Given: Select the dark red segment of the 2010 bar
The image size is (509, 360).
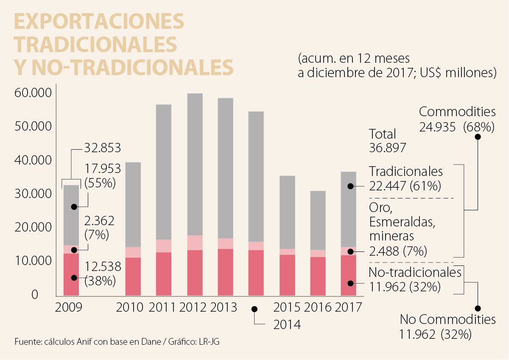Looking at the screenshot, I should (133, 276).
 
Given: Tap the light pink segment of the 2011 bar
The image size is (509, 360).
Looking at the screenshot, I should (164, 246).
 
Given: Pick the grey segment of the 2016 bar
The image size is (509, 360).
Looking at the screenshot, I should (318, 220).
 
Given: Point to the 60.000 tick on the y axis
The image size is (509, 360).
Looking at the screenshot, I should (32, 92).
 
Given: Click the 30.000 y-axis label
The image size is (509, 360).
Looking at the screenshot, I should (32, 194).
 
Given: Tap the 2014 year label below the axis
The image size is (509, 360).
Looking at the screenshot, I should (287, 325).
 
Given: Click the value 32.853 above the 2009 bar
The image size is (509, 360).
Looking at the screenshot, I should (103, 148).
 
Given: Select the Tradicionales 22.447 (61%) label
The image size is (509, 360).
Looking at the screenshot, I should (406, 179).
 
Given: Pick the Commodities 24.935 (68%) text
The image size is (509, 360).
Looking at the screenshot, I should (457, 119).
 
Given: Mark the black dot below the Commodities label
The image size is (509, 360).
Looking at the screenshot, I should (478, 137).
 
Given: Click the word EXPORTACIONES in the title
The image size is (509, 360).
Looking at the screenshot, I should (99, 21).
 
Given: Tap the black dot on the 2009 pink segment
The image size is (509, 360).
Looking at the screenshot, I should (74, 250).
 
